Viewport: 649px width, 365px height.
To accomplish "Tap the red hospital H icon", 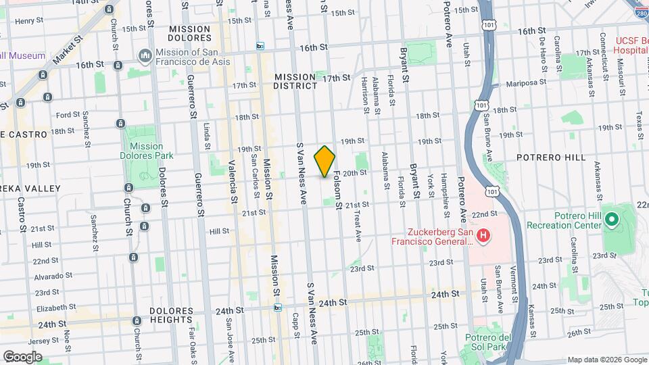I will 483,236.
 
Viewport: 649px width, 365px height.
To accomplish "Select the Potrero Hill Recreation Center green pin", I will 611,220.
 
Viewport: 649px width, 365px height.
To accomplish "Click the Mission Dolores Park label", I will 146,151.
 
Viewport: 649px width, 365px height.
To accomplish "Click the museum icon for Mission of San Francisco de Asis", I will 144,55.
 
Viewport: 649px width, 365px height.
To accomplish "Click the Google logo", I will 22,356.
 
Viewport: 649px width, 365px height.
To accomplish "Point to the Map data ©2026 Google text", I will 606,360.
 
